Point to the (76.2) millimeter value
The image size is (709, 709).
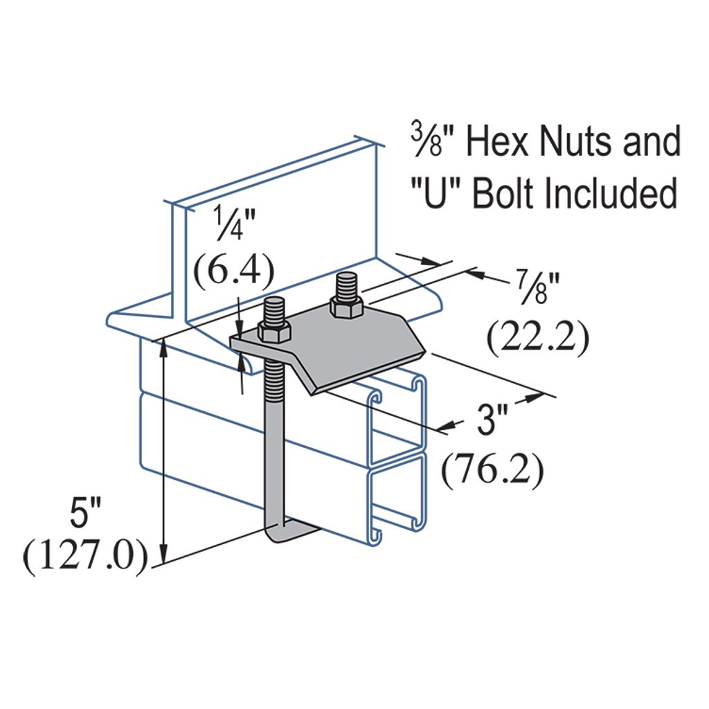point(493,470)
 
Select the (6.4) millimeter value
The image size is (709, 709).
point(232,273)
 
